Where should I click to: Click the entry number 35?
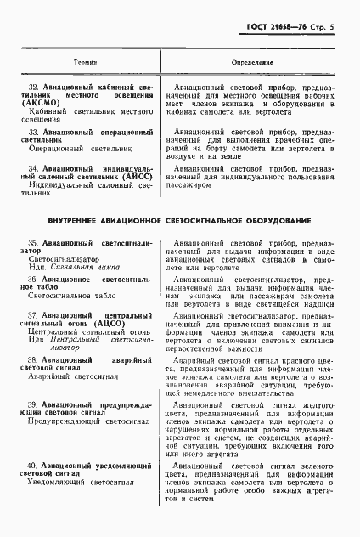click(x=34, y=243)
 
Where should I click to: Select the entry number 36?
click(x=34, y=279)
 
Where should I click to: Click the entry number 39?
click(x=34, y=402)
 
